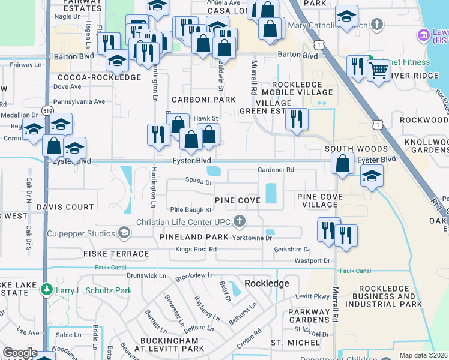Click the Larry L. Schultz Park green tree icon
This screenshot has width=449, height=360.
tap(47, 290)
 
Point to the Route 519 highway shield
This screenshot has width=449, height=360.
tap(47, 110)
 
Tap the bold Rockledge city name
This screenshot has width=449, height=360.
tap(267, 283)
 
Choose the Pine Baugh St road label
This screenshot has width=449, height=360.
tap(191, 210)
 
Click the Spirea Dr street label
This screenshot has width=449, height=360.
tap(199, 181)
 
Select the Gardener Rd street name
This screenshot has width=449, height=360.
tap(276, 170)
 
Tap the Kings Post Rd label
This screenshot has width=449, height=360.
tap(196, 249)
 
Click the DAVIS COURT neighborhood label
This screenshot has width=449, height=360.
tap(65, 207)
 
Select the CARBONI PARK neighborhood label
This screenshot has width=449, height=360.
tap(203, 99)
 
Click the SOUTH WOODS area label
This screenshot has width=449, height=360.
tap(356, 148)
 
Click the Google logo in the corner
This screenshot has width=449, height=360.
tap(20, 353)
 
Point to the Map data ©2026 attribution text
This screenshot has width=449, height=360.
tap(423, 355)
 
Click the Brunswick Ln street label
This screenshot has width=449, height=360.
tap(146, 275)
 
